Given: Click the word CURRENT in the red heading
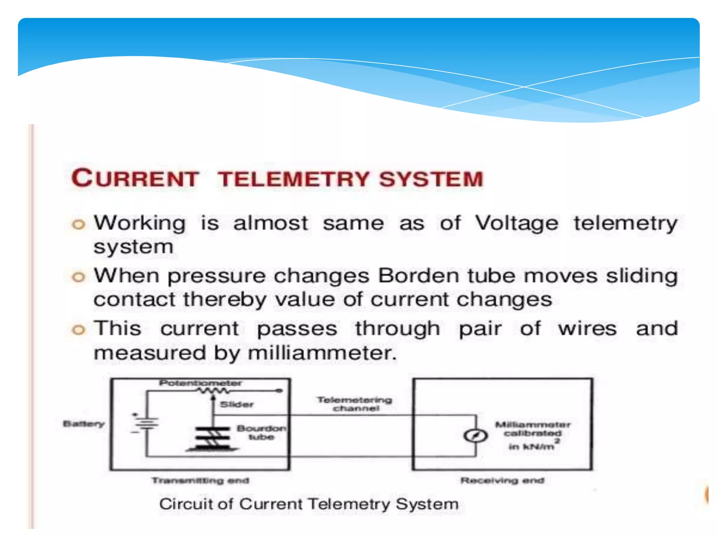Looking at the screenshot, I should tap(135, 178).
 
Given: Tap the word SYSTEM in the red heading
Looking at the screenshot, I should tap(431, 179).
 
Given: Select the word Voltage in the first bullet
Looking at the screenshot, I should tap(516, 223).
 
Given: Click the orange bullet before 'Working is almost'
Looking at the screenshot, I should tap(78, 224).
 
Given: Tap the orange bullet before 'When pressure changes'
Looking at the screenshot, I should tap(78, 277).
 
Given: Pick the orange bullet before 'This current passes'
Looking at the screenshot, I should tap(78, 330).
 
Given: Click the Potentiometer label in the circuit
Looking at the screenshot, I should tap(200, 383).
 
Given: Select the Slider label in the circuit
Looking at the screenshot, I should tap(237, 405).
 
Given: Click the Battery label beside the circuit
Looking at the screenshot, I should tap(84, 424).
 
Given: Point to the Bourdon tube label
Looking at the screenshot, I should tap(261, 433).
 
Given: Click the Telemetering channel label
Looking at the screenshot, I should tap(355, 404).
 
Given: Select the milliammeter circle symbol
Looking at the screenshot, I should tap(475, 436).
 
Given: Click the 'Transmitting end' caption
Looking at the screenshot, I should tap(200, 481).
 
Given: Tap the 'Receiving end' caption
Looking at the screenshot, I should tap(502, 481).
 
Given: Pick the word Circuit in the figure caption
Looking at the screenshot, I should tap(186, 504).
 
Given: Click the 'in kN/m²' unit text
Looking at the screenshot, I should tap(532, 446).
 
